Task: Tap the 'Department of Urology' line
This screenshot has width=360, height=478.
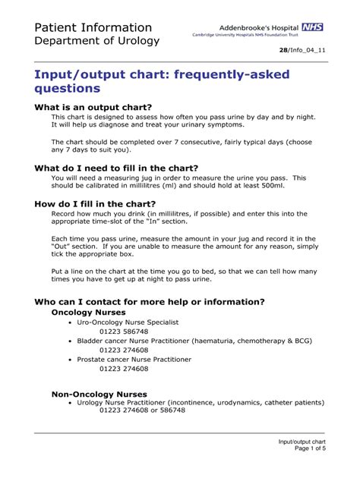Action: point(96,41)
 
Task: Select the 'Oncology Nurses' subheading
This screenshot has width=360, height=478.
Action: point(88,312)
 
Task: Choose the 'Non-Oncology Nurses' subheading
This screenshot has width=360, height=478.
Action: point(99,394)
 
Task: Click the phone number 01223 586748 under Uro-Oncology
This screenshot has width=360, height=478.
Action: point(125,332)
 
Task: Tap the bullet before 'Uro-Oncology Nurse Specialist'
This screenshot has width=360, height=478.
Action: point(70,322)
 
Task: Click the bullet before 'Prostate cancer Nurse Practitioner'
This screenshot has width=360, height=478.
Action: point(70,359)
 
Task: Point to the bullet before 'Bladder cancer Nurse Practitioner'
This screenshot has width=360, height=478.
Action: point(70,341)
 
